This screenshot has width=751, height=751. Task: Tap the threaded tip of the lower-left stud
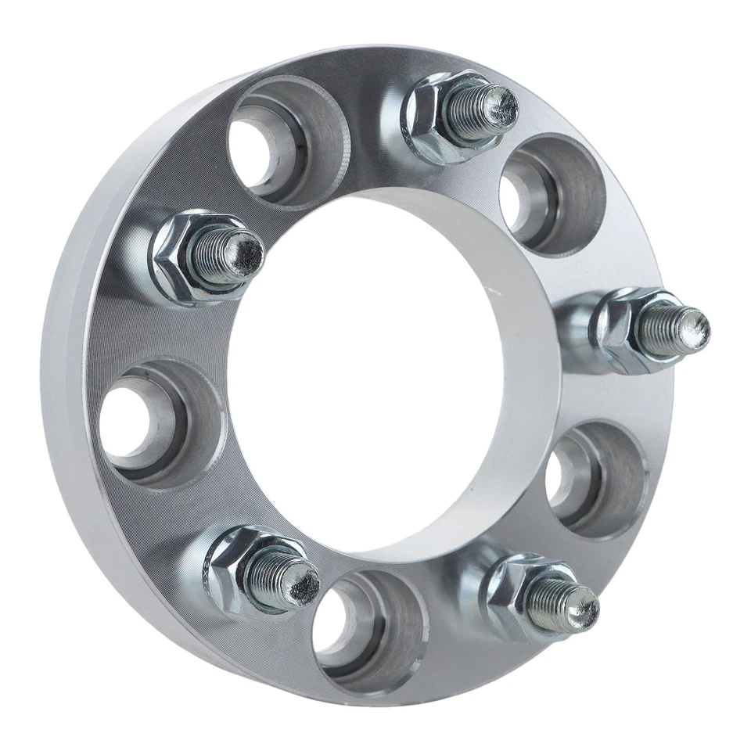pos(300,581)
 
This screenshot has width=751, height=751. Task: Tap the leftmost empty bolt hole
pos(145,422)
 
